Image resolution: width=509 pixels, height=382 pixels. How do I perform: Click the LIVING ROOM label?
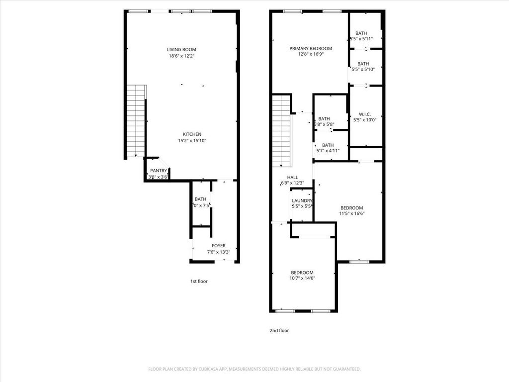(x=181, y=49)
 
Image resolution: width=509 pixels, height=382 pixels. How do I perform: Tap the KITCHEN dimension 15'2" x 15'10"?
(x=192, y=141)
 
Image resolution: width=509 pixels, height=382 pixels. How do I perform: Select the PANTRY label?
(x=159, y=171)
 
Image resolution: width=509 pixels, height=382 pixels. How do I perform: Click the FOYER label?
(x=218, y=245)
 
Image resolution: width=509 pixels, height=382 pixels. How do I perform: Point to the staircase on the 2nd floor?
(x=281, y=130)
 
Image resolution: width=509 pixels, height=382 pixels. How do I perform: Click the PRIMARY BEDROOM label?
(x=311, y=48)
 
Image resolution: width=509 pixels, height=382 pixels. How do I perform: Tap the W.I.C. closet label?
(x=365, y=114)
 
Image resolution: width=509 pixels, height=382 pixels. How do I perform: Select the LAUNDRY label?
(x=302, y=201)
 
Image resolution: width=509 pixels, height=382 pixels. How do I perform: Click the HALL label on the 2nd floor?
(x=292, y=177)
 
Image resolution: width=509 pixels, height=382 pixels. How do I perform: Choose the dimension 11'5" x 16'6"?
(x=351, y=214)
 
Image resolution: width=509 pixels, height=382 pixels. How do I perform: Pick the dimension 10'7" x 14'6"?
(x=302, y=278)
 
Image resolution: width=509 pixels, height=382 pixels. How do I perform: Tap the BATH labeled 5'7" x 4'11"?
(x=328, y=145)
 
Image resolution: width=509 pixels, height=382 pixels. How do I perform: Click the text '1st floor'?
(x=199, y=281)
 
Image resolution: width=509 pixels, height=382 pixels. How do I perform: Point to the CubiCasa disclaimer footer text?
(x=254, y=369)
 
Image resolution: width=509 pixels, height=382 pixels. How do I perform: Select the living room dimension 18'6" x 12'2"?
(x=181, y=56)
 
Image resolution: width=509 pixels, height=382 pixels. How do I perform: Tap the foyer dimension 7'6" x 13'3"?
(x=218, y=252)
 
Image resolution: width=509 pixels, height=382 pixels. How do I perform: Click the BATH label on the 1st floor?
(x=200, y=199)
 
